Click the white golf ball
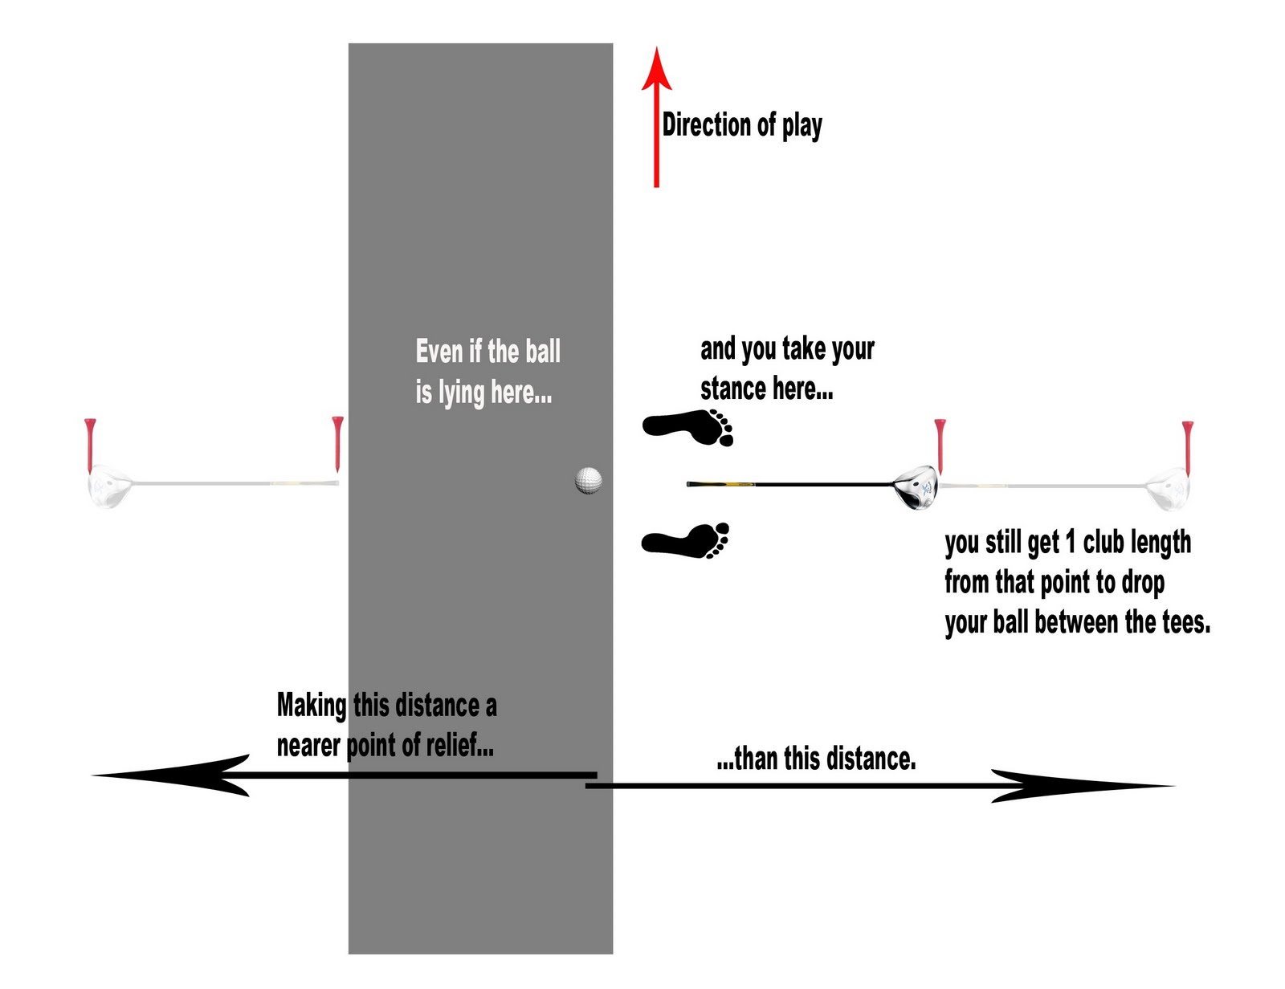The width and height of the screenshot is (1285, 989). [x=589, y=481]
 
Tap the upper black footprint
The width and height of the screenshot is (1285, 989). [x=687, y=427]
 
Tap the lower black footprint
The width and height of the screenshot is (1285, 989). [x=685, y=540]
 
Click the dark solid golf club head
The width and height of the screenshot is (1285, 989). [x=916, y=487]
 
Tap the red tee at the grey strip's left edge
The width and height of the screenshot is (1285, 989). [x=337, y=444]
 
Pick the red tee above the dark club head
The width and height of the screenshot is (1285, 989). [x=940, y=446]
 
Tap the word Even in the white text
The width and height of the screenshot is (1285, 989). [x=439, y=351]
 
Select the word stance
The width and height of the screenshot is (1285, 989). [x=732, y=389]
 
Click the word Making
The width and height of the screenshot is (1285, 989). [x=312, y=706]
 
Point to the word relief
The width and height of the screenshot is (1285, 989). [x=456, y=745]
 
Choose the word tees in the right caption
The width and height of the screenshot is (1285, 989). [x=1186, y=622]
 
